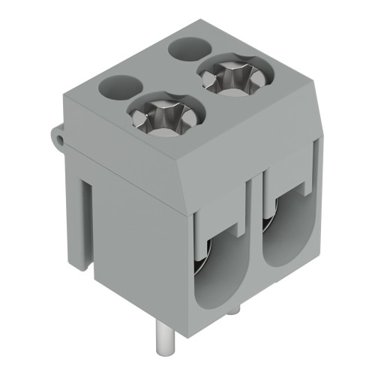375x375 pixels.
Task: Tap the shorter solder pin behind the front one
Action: coord(235,309)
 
